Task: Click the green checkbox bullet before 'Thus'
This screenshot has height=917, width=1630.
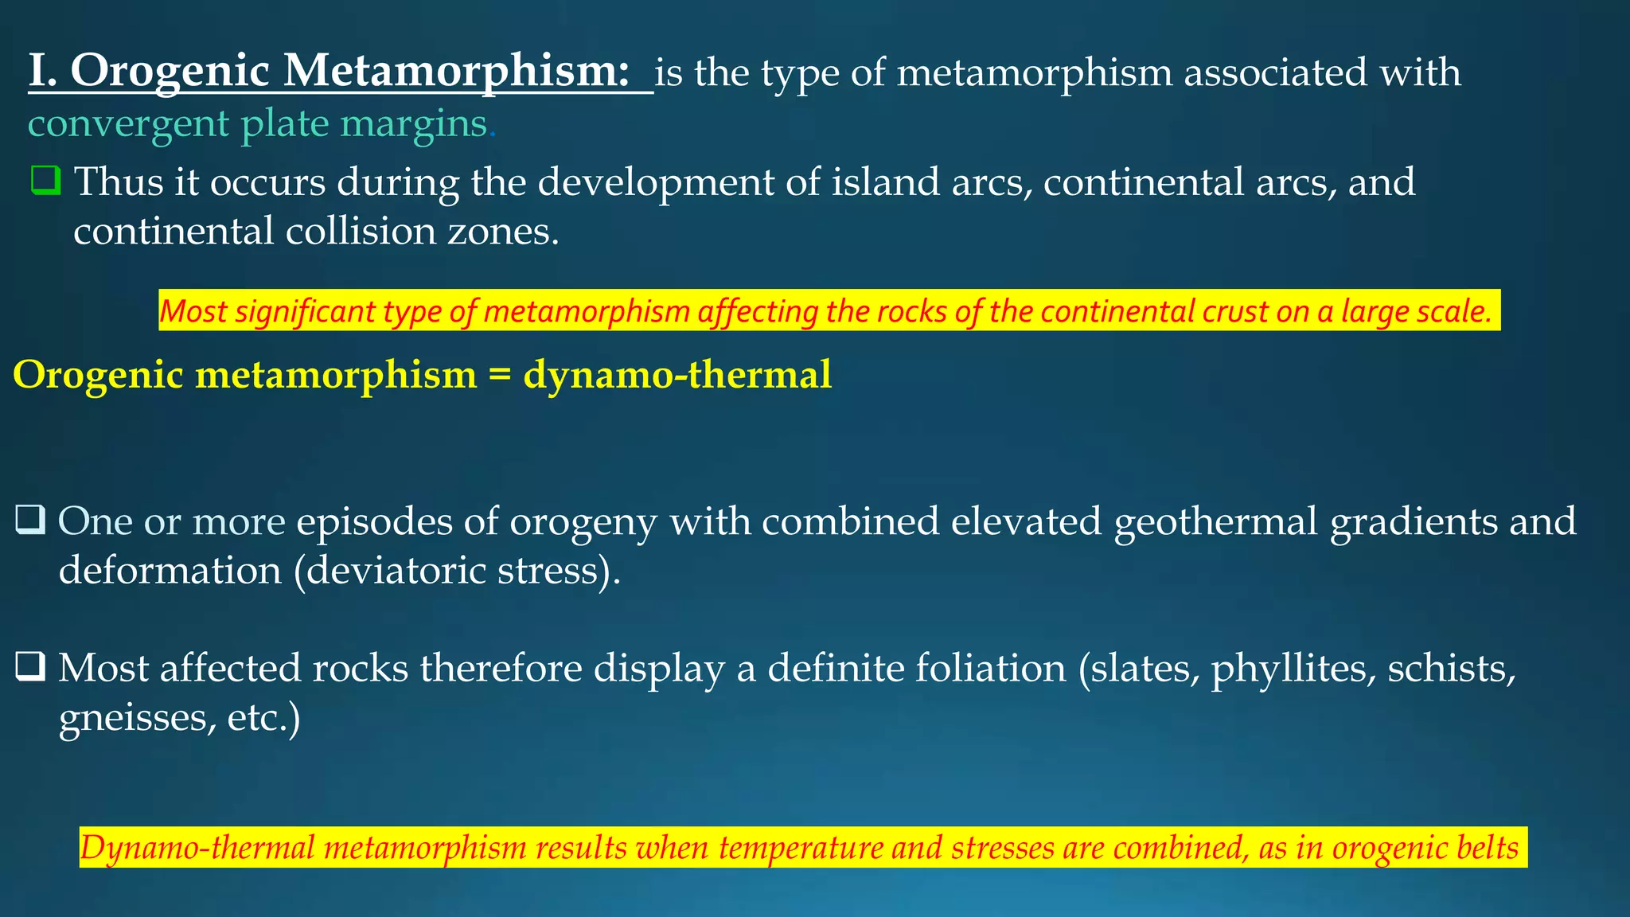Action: [x=45, y=181]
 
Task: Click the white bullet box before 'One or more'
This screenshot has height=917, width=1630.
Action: [x=30, y=520]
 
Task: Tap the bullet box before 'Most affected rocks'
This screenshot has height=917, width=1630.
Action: [x=30, y=666]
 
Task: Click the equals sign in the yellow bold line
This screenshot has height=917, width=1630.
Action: [x=499, y=375]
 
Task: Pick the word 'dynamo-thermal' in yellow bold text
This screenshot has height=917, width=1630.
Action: [x=677, y=375]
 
